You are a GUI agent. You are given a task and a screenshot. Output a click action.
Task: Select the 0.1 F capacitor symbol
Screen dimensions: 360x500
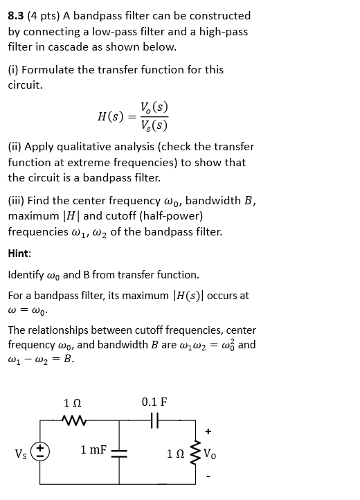click(x=154, y=420)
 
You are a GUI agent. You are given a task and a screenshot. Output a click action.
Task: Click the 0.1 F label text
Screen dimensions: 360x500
click(x=154, y=402)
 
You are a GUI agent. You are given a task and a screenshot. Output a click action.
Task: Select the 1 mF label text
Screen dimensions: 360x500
click(x=93, y=450)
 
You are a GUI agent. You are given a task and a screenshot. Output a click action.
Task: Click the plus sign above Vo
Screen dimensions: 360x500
click(x=206, y=431)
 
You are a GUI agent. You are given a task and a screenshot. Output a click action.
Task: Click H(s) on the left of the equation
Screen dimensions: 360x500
click(x=111, y=116)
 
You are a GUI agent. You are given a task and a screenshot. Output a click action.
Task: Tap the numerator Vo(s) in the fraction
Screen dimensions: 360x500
click(x=154, y=107)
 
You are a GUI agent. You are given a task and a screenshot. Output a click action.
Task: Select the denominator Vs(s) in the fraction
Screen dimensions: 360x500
click(x=154, y=125)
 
